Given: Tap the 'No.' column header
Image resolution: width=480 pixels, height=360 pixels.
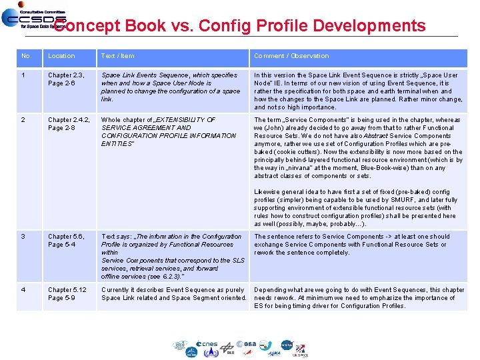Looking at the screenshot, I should (x=27, y=56).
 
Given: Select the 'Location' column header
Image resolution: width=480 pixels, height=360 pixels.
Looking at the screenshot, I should (x=61, y=56).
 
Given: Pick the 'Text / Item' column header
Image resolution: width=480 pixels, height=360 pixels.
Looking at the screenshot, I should (x=117, y=56).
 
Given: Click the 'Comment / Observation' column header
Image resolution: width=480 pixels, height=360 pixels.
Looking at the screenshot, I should (x=291, y=56).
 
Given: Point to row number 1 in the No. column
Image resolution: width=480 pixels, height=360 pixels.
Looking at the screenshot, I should (x=24, y=75).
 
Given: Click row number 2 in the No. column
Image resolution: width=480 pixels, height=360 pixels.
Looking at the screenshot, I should (x=24, y=120).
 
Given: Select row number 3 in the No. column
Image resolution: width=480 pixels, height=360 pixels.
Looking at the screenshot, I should (x=24, y=237).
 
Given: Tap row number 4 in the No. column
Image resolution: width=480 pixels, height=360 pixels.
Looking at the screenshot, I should (x=24, y=290).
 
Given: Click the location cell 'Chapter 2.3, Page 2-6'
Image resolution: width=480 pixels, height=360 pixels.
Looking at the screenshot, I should (x=65, y=79).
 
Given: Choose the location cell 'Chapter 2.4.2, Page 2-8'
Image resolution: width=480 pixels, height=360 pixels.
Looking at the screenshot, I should (x=68, y=124).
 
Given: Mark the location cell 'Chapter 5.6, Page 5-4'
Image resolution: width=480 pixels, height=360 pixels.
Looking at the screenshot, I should (x=65, y=241).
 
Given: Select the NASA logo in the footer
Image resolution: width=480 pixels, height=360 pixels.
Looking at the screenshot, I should (x=286, y=345).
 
